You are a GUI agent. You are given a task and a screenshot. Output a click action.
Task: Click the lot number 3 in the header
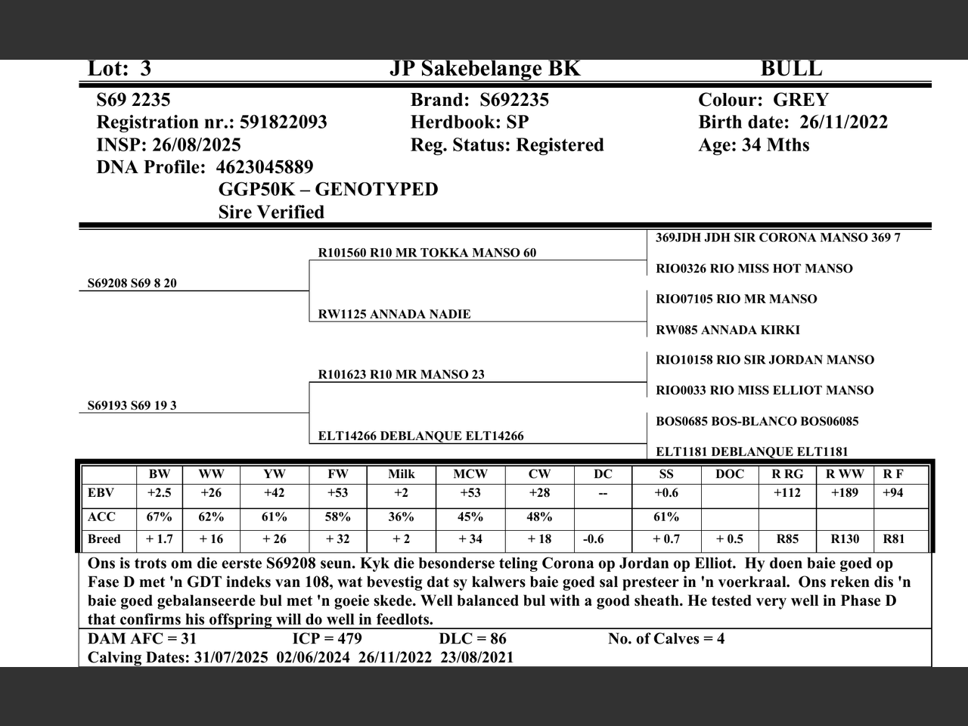click(145, 69)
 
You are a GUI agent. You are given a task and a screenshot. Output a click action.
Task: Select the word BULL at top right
click(791, 69)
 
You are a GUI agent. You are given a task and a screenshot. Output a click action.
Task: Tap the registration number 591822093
click(283, 123)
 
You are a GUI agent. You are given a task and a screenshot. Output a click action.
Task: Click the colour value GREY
click(801, 100)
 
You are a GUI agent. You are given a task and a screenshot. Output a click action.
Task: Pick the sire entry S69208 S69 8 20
click(132, 284)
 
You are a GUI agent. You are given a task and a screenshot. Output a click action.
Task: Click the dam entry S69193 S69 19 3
click(132, 406)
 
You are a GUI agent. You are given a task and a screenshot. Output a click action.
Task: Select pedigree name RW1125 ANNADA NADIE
click(394, 315)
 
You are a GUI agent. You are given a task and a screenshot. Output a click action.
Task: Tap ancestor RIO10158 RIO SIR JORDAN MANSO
click(765, 360)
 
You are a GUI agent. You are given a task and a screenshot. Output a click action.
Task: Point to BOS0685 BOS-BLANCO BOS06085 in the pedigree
click(757, 421)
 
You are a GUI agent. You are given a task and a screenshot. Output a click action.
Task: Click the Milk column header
click(401, 474)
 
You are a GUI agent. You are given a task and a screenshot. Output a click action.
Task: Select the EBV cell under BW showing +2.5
click(160, 493)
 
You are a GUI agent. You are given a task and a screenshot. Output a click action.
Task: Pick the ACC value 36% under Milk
click(401, 517)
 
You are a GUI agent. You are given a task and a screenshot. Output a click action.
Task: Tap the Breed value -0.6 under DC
click(594, 539)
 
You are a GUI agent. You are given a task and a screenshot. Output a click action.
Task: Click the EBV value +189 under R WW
click(845, 493)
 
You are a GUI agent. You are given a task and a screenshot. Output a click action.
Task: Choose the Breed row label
click(104, 539)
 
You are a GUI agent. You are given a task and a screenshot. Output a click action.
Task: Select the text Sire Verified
click(271, 213)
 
